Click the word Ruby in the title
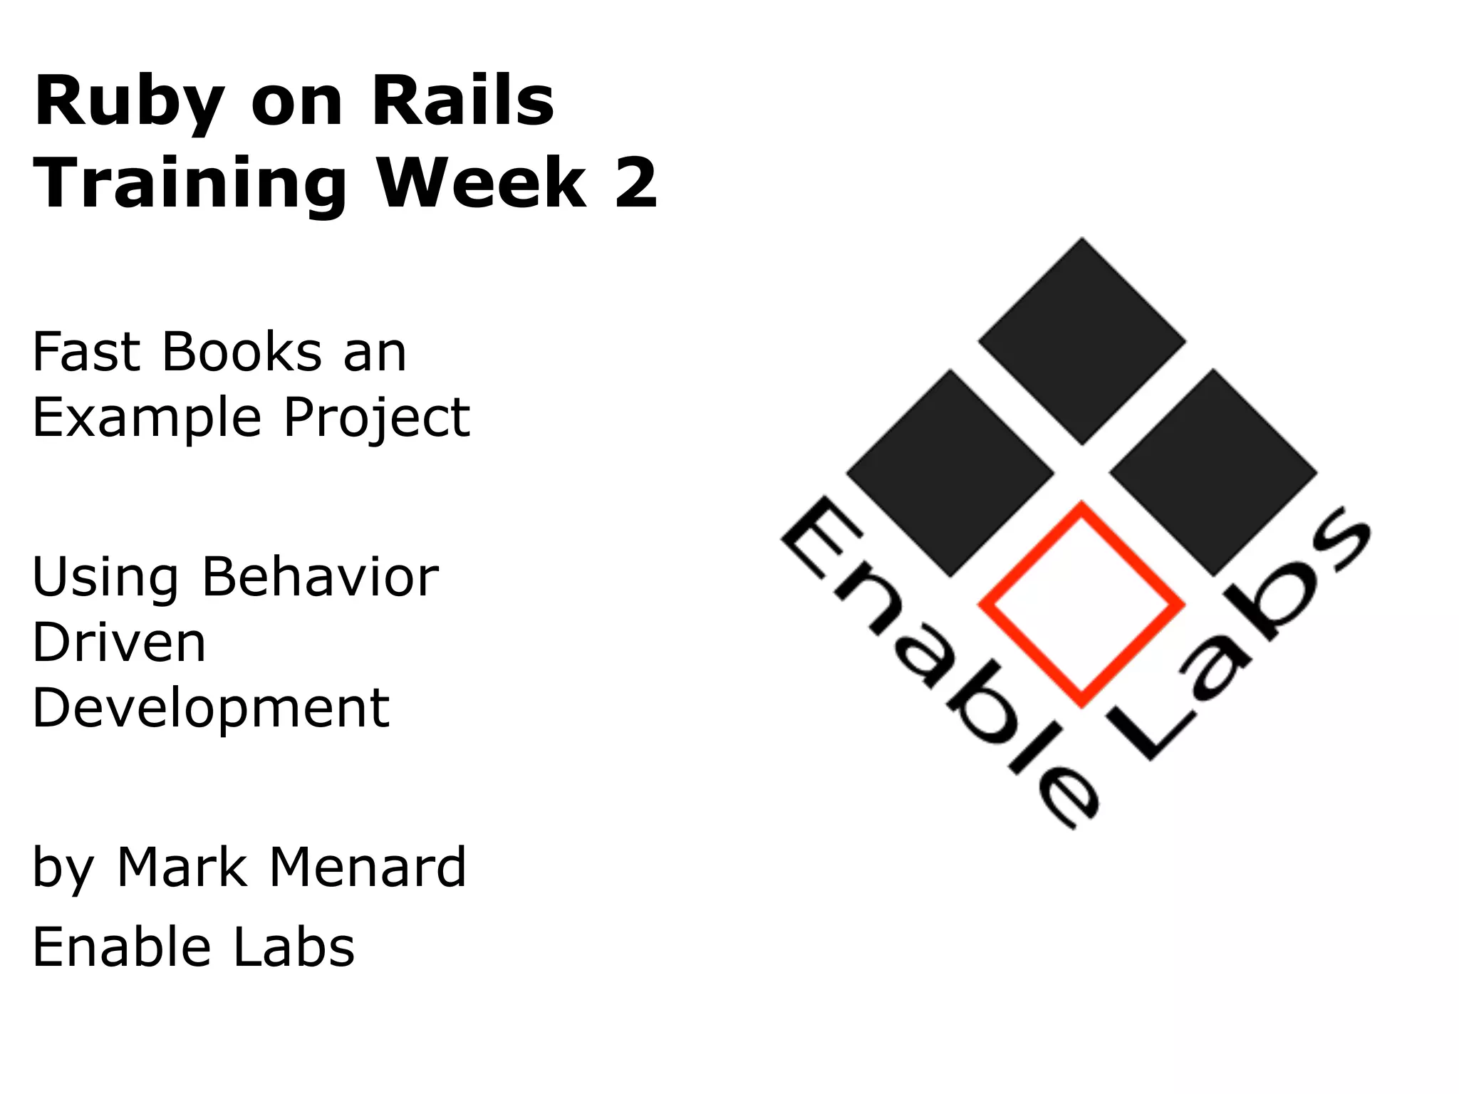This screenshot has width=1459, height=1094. (x=129, y=102)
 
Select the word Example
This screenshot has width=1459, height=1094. (x=147, y=419)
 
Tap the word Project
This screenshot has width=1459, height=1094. (x=377, y=419)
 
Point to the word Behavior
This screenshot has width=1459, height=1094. (x=320, y=576)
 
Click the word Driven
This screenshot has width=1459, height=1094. (x=119, y=642)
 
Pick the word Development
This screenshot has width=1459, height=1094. (x=211, y=709)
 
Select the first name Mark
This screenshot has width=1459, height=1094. (x=182, y=868)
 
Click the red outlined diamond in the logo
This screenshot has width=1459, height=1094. (x=1081, y=605)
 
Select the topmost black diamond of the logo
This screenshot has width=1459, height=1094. (x=1081, y=341)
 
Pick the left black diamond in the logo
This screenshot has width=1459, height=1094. (x=950, y=473)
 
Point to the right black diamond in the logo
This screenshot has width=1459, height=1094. (x=1213, y=473)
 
